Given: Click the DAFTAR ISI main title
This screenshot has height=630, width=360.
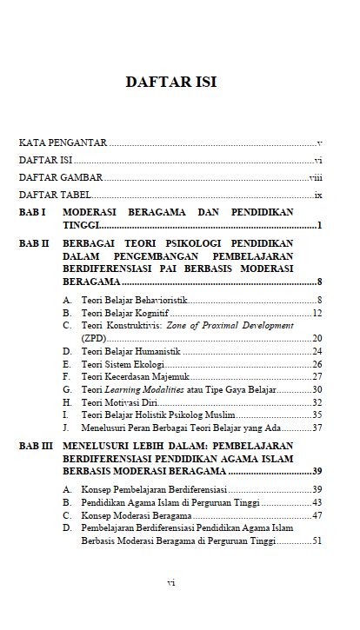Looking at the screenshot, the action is click(x=170, y=83).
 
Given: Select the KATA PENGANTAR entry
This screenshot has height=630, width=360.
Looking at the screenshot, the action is click(x=63, y=142).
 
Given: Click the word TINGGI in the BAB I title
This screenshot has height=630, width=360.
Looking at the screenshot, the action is click(x=82, y=226).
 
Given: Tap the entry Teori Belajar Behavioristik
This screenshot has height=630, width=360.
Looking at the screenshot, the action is click(x=134, y=300).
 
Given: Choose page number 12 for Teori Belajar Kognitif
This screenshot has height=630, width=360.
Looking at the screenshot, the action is click(x=317, y=313).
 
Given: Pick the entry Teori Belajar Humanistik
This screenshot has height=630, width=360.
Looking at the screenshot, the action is click(x=130, y=351).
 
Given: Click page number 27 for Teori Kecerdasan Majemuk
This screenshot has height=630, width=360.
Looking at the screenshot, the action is click(x=317, y=376).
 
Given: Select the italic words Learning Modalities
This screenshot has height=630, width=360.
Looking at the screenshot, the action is click(x=145, y=389).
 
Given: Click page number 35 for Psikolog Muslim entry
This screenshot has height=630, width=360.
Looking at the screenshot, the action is click(x=317, y=414).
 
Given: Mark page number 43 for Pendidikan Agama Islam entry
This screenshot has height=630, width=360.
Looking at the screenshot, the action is click(x=317, y=502).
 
